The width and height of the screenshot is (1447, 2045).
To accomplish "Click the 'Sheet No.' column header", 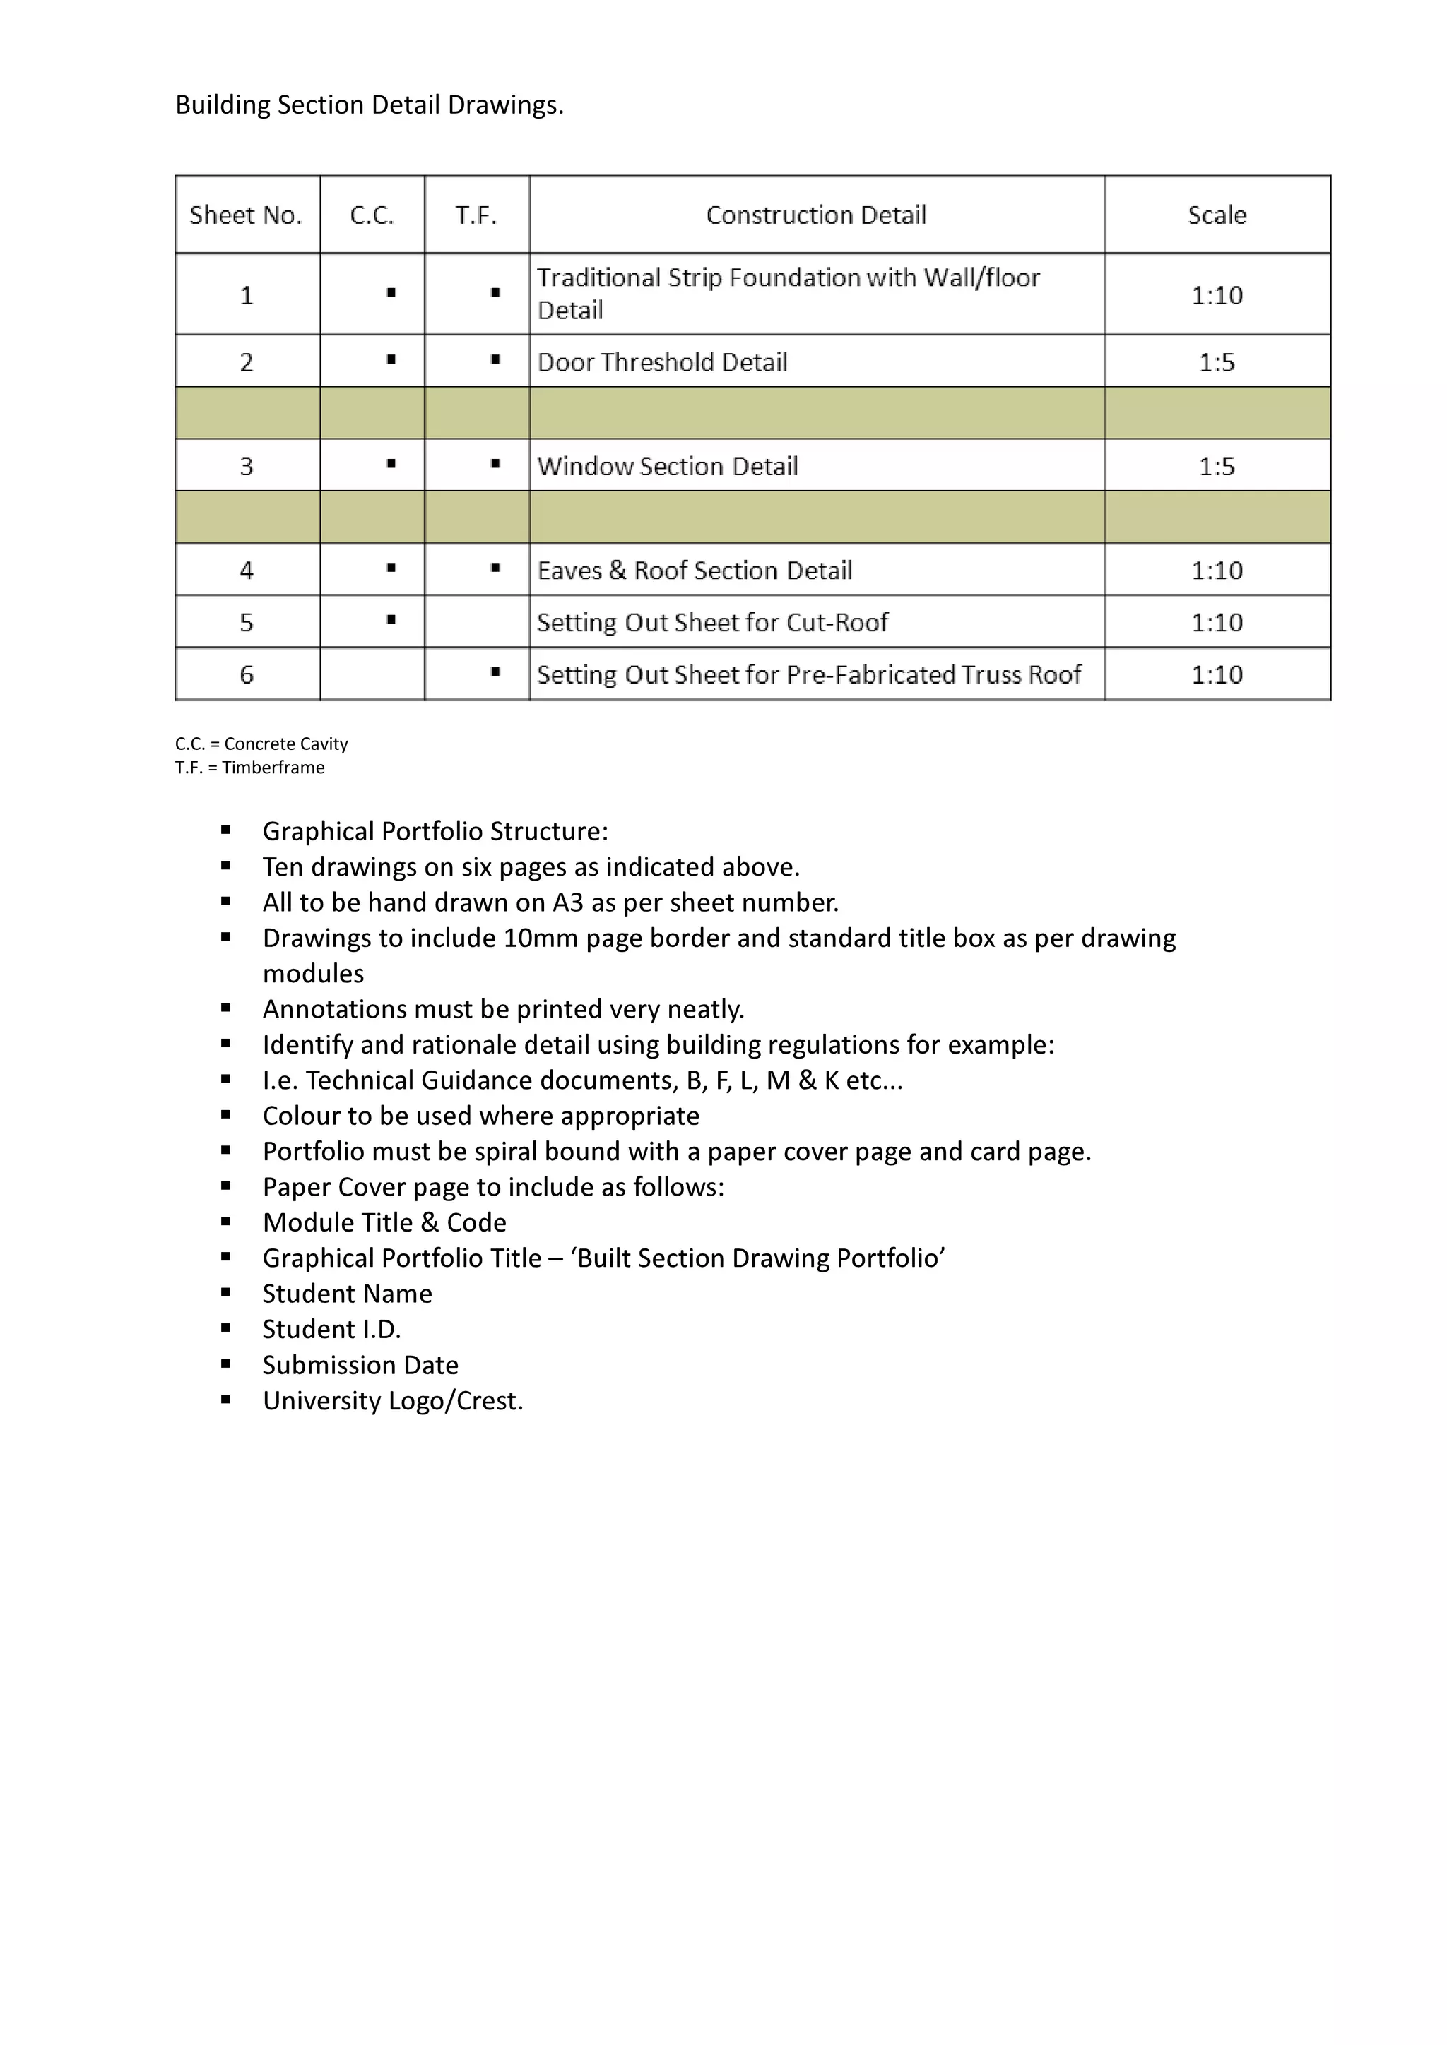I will click(x=246, y=215).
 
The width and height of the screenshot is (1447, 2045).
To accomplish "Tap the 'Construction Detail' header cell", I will click(x=815, y=215).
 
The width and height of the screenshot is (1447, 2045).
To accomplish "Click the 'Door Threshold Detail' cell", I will click(x=662, y=362).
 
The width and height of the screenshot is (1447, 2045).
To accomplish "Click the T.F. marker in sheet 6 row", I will click(x=495, y=672).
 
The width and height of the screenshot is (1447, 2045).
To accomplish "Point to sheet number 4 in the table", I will click(x=246, y=570).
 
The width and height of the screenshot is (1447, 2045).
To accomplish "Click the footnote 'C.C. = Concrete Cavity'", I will click(x=261, y=744).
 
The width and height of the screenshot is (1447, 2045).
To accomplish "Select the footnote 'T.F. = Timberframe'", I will click(x=249, y=768).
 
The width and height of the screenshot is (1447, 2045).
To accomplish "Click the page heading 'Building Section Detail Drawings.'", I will click(x=369, y=105).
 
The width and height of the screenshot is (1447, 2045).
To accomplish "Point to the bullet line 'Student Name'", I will click(x=347, y=1293).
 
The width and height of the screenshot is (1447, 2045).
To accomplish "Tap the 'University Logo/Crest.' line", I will click(x=392, y=1400).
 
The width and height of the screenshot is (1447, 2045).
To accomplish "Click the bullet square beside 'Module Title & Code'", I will click(x=225, y=1222).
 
